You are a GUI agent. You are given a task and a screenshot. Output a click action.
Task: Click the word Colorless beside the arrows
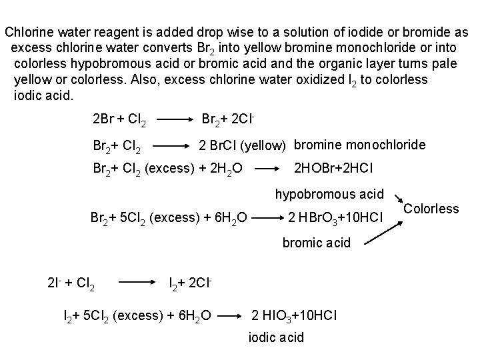click(x=431, y=209)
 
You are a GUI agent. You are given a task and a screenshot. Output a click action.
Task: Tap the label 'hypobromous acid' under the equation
click(x=330, y=195)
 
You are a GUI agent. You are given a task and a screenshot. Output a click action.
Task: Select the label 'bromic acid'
click(x=317, y=243)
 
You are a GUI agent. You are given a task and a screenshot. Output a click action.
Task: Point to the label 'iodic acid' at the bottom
click(x=276, y=337)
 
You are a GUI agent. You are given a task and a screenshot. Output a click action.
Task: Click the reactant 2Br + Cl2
click(x=122, y=121)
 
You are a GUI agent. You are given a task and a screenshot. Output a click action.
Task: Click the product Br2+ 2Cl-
click(x=230, y=120)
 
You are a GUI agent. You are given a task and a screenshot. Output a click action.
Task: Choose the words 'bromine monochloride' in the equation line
click(x=360, y=144)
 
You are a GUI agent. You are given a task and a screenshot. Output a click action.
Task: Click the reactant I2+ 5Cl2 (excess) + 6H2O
click(x=137, y=313)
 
